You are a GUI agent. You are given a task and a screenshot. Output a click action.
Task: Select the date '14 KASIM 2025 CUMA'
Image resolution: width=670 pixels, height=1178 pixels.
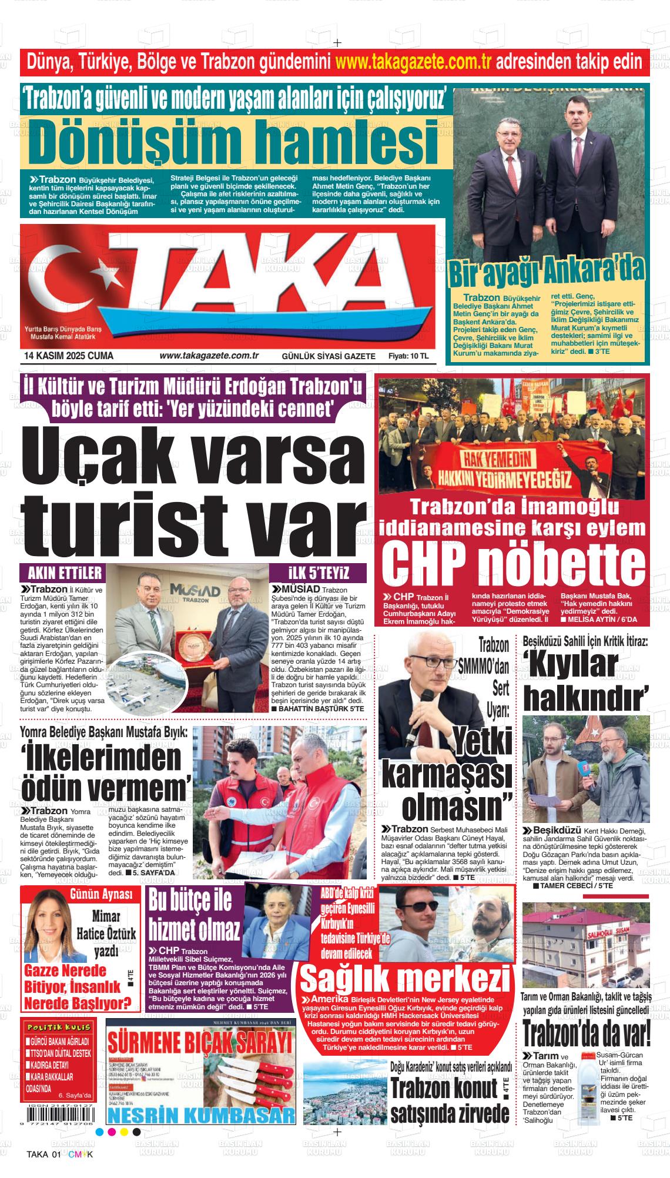click(x=69, y=356)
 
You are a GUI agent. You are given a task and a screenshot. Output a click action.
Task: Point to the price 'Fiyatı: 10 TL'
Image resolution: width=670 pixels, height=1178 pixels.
click(x=408, y=356)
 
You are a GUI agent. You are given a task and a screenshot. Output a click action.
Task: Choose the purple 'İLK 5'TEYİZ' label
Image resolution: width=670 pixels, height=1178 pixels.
click(x=319, y=573)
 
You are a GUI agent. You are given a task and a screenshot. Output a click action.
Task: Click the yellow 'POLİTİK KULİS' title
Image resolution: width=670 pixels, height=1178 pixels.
click(x=58, y=1026)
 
